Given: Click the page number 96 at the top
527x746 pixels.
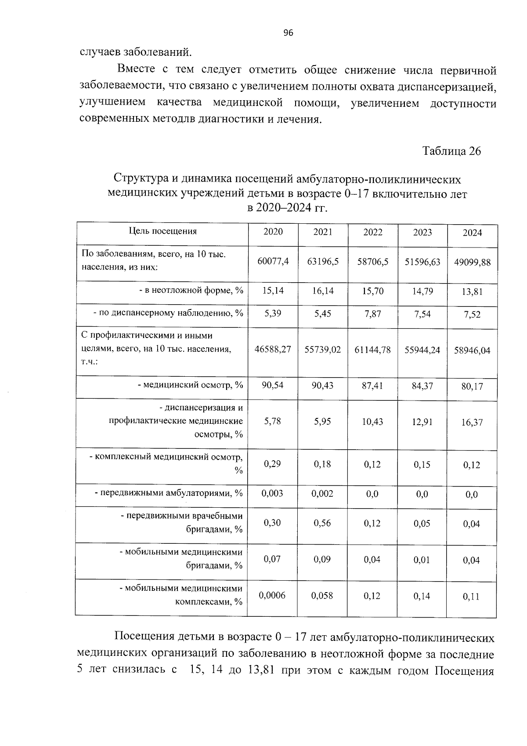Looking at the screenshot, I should point(288,33).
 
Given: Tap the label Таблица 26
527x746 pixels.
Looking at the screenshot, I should point(451,151).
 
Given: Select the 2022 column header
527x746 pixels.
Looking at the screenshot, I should point(372,232).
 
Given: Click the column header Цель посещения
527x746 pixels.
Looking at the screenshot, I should point(162,231).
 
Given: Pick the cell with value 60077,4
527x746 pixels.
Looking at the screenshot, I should point(273,262).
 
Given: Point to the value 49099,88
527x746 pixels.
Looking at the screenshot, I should point(472,262).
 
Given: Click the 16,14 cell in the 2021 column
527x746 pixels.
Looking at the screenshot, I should point(323,291).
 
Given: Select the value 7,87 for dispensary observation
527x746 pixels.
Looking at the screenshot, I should point(372,313).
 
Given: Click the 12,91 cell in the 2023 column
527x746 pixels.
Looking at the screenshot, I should point(422,422).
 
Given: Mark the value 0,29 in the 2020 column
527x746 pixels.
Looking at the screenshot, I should point(273,464).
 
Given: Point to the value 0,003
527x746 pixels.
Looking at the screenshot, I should point(273,493).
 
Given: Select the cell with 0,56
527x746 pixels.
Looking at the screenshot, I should point(323,523).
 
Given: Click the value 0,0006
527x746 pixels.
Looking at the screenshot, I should point(273,595).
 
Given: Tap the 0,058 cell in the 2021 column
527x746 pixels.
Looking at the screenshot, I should point(323,596).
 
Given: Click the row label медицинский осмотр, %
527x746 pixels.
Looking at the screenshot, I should point(190,385).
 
